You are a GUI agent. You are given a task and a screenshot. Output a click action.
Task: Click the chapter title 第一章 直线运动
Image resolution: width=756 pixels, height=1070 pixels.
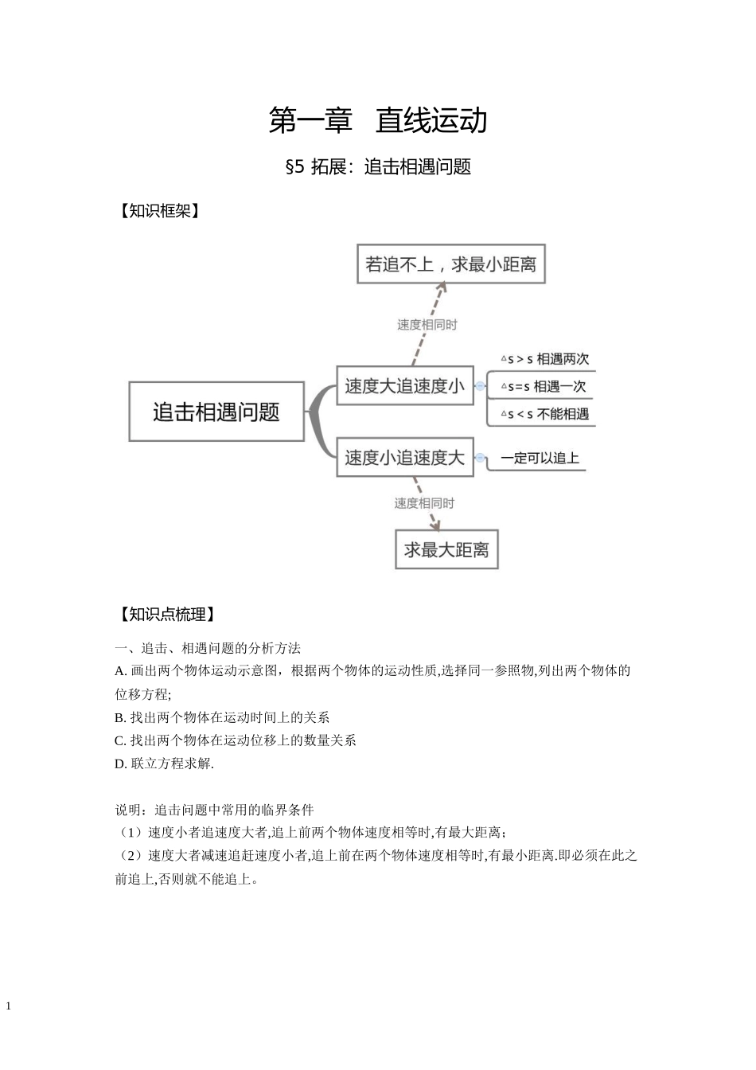377,121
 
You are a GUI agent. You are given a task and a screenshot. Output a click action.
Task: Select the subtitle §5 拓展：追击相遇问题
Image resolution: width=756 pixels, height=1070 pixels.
377,167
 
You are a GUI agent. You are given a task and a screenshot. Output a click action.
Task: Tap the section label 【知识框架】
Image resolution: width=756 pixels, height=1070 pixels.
157,211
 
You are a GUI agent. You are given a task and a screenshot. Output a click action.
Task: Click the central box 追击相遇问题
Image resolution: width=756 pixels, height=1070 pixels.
216,412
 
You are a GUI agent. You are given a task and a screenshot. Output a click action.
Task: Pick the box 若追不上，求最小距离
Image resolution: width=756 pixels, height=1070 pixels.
450,264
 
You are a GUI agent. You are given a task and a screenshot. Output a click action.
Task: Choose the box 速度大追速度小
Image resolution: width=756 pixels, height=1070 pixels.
404,386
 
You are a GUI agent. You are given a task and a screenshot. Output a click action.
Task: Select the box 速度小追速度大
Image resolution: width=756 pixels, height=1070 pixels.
404,458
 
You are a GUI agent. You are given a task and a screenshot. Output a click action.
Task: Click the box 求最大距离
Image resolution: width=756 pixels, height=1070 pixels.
446,549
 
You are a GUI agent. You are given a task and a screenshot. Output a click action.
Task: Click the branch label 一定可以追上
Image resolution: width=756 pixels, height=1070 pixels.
540,458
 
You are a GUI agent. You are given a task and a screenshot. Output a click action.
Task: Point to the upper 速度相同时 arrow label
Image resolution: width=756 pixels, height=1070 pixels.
427,325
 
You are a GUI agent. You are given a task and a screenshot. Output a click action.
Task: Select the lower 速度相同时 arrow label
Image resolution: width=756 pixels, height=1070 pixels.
424,503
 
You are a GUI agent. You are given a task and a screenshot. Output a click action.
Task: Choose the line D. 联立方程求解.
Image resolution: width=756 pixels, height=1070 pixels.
165,763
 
